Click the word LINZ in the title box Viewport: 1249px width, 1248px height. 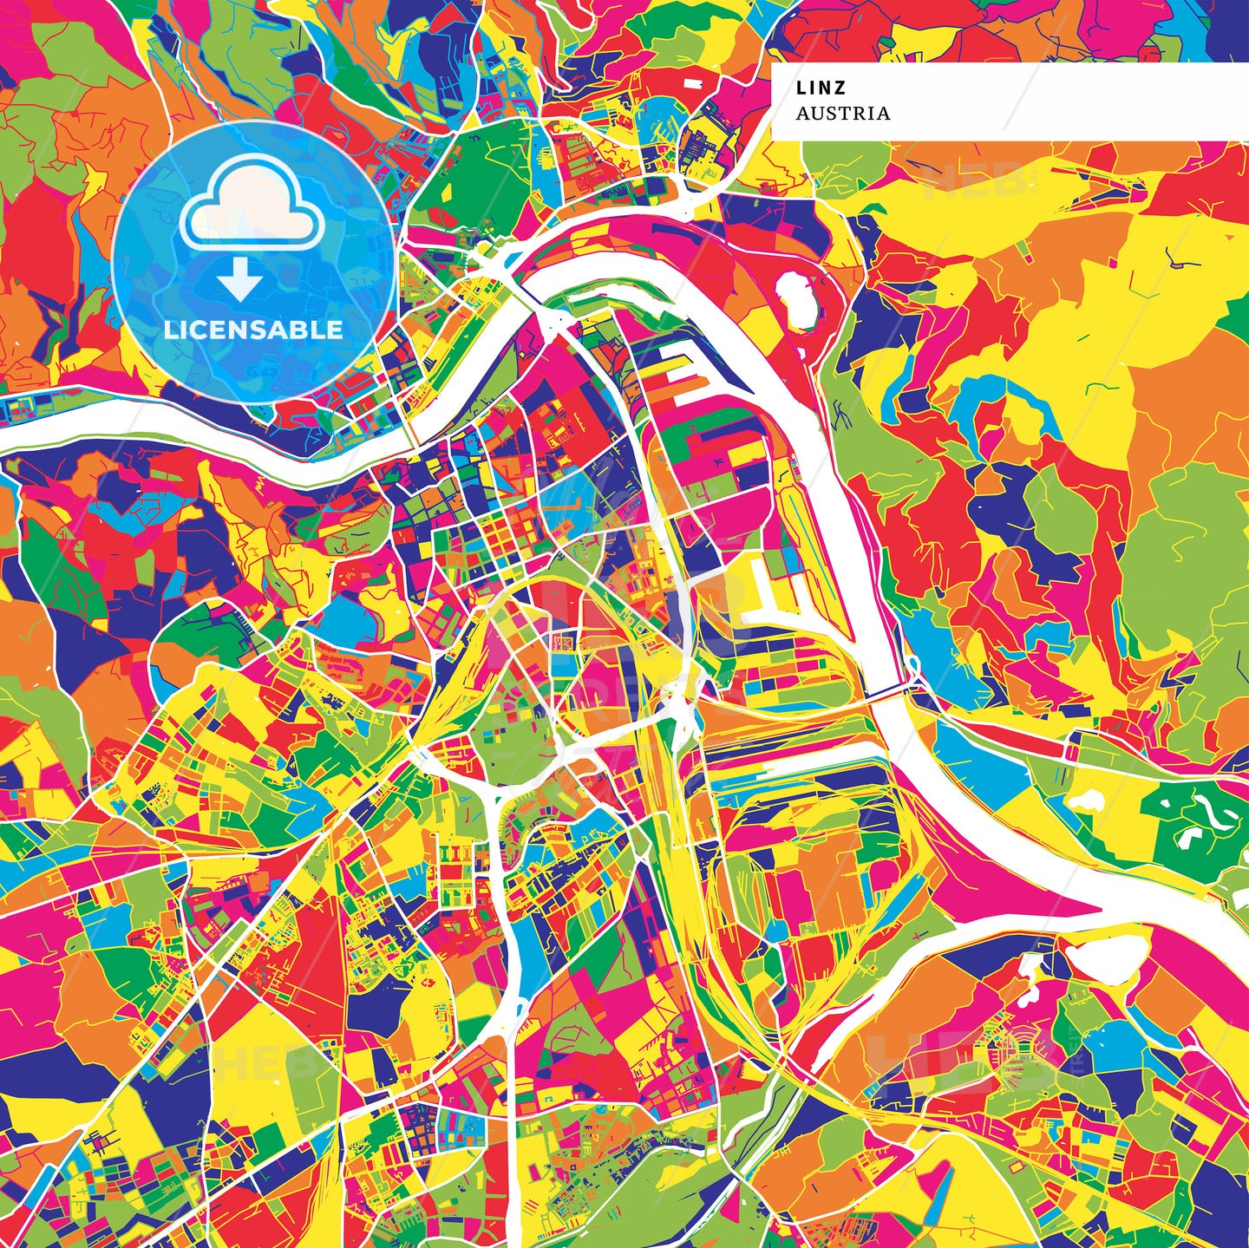pos(821,88)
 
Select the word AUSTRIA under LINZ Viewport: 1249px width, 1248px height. pos(843,114)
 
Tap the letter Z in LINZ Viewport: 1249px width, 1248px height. pos(840,88)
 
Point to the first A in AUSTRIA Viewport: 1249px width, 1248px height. pos(802,114)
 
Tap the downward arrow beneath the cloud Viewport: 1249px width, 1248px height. pos(240,278)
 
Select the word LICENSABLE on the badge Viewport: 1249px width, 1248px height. pos(253,330)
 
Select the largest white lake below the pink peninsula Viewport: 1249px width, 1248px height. pos(1093,958)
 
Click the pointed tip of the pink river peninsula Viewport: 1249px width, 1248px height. pos(1098,911)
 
